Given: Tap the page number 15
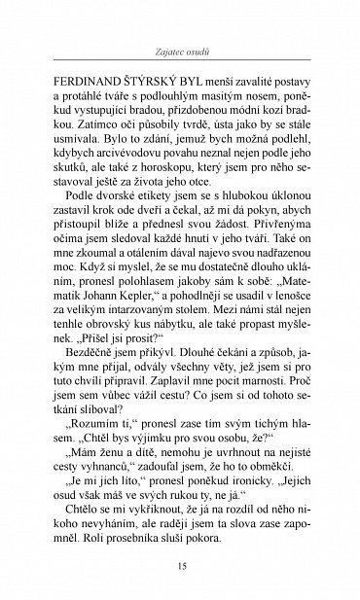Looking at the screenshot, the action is (179, 568).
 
